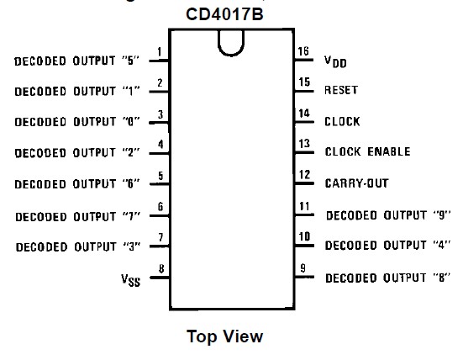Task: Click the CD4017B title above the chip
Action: (224, 14)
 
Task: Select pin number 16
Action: (303, 51)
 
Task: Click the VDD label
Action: (335, 61)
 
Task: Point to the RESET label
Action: (341, 90)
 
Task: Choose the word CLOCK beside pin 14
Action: (342, 121)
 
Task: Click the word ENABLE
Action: (389, 151)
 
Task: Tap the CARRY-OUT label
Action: (356, 183)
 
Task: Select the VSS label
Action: (130, 280)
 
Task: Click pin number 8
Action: (161, 268)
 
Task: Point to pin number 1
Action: (160, 51)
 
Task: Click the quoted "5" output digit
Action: (130, 61)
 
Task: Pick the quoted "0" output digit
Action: (131, 121)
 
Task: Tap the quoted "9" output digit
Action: (442, 214)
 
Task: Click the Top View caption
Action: (224, 336)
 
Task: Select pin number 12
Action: (304, 175)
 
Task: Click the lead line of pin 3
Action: (159, 122)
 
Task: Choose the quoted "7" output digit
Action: (131, 217)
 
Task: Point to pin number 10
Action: (304, 236)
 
